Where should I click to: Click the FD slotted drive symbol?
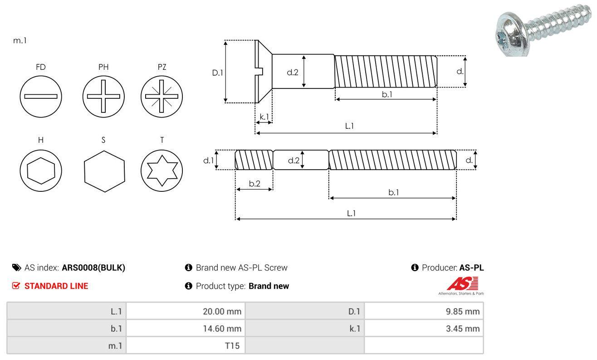tap(41, 96)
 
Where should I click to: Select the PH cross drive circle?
tap(103, 96)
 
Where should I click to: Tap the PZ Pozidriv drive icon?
tap(161, 96)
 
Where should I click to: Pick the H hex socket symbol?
tap(41, 170)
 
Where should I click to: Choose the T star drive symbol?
tap(161, 170)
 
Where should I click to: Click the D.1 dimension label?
tap(218, 72)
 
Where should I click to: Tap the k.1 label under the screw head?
tap(264, 117)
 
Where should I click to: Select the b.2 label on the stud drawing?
tap(254, 184)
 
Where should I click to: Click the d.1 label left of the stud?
tap(208, 160)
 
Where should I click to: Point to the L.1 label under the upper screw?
tap(349, 126)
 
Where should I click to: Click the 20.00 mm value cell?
tap(222, 311)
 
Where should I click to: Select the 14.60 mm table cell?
tap(222, 329)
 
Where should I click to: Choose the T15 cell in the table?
tap(233, 346)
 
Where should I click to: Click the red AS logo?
tap(462, 284)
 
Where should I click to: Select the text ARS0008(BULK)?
tap(93, 268)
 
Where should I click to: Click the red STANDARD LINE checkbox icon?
tap(16, 286)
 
